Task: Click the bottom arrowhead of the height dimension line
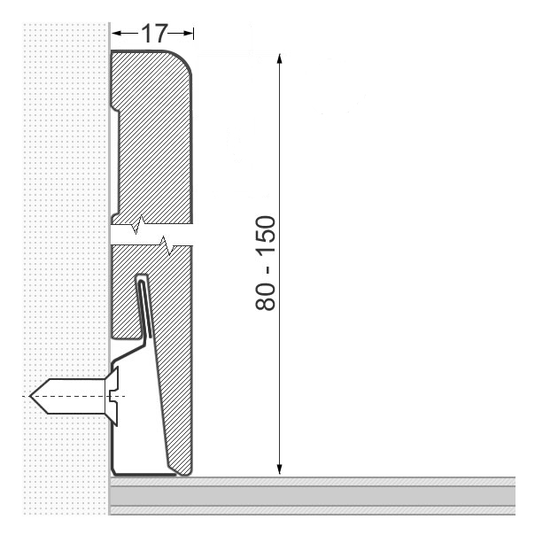point(279,469)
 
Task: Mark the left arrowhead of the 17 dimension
point(114,34)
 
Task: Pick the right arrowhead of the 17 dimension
point(188,34)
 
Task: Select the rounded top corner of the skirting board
point(182,60)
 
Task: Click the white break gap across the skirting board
point(151,236)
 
